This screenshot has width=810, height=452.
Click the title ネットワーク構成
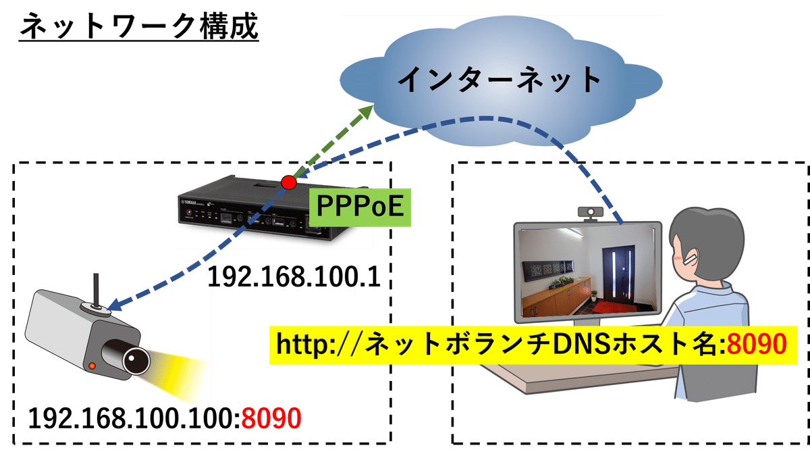[138, 28]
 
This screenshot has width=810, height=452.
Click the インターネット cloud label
[500, 80]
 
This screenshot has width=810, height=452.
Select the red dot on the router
[289, 182]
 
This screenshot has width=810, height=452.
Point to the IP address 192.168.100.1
[293, 277]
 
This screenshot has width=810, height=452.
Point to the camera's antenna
[96, 291]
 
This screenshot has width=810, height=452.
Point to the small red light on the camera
[92, 366]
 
